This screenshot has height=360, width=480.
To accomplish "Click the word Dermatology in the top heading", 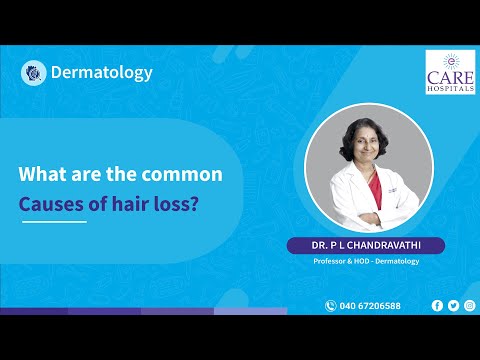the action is [x=102, y=73].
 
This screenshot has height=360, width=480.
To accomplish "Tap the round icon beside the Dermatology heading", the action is [x=33, y=73].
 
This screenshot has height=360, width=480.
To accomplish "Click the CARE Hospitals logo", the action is [x=450, y=72].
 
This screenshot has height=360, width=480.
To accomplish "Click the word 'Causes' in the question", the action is [x=51, y=204].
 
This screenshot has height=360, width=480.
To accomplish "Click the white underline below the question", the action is [x=54, y=222].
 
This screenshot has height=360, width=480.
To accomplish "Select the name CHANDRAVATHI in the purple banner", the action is [x=384, y=245].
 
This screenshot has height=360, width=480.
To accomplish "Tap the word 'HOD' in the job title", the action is [x=361, y=261].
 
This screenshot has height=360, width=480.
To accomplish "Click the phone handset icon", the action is [x=330, y=306].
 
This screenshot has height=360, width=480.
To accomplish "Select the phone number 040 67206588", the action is [x=370, y=306].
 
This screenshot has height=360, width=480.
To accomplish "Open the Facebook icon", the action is [x=437, y=306].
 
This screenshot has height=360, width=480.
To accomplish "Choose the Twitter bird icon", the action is [x=453, y=306].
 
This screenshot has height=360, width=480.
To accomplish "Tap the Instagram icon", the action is [x=470, y=306].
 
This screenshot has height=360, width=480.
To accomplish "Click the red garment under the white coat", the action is [x=375, y=190].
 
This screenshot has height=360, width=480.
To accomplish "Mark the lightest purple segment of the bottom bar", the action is [x=250, y=311].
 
